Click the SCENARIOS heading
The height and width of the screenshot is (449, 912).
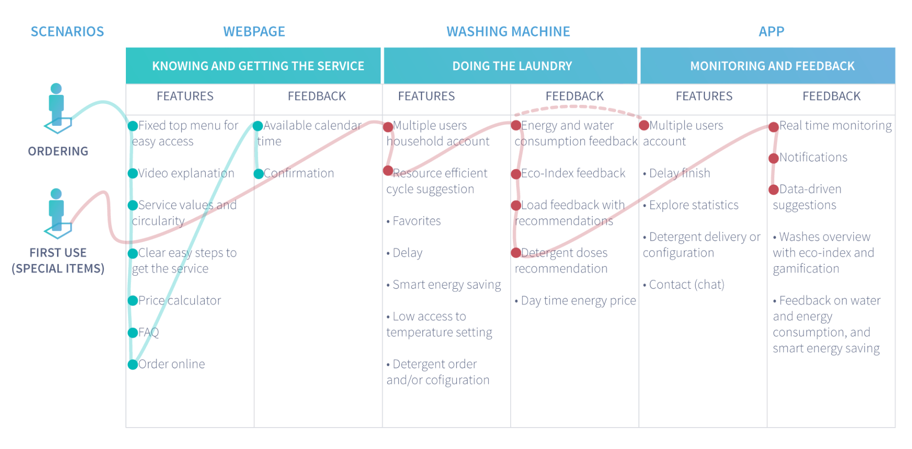67,32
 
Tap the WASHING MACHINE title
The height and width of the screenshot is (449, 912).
508,32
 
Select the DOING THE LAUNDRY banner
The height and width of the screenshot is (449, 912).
511,66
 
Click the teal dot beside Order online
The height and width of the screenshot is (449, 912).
133,365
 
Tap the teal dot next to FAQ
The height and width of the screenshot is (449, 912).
133,333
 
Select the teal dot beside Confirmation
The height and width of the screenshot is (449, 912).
258,174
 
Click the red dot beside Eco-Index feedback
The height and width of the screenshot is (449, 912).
516,174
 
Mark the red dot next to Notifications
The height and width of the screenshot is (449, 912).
774,158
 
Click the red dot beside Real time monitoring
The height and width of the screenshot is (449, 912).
774,127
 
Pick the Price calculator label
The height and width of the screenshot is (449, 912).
180,300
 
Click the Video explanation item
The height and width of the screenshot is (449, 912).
186,173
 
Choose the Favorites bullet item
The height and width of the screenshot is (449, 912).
414,221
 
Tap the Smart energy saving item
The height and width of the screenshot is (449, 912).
444,285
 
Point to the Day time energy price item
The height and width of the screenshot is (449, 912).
575,301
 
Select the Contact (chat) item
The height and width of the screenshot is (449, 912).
684,285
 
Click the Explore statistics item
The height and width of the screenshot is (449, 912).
691,205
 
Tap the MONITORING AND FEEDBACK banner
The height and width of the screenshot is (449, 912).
768,66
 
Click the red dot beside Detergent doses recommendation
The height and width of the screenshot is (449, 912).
516,253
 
